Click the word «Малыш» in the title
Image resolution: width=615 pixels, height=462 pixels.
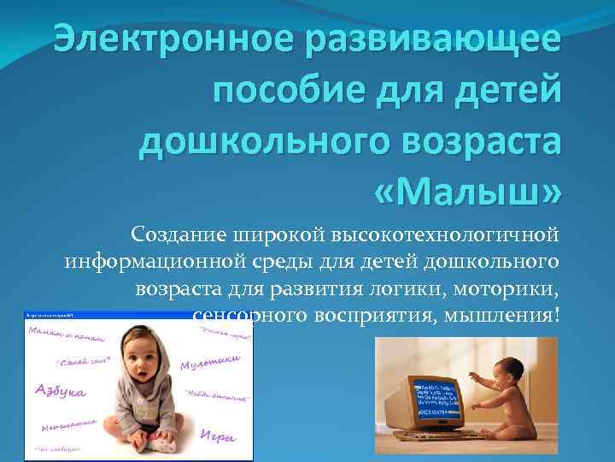point(466,188)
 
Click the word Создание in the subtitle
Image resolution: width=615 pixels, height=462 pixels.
point(175,234)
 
